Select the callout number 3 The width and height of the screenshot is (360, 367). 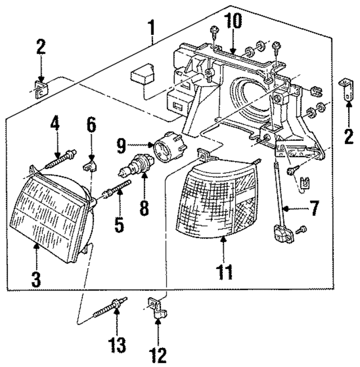tap(37, 278)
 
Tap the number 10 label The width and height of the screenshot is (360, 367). tap(233, 21)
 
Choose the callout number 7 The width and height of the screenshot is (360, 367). tap(313, 209)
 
